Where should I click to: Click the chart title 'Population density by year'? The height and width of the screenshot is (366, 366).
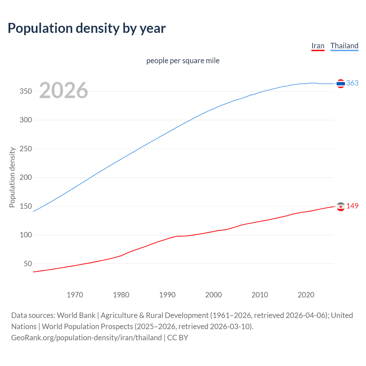(x=87, y=28)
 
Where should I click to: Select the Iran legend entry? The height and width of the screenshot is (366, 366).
(x=318, y=46)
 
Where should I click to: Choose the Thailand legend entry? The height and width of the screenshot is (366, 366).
(x=344, y=46)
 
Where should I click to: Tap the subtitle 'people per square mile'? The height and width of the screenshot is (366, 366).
(x=183, y=61)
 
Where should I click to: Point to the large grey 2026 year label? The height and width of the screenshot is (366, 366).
(x=63, y=90)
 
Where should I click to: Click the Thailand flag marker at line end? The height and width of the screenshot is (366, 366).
(x=341, y=83)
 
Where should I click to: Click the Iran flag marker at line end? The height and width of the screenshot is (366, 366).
(x=341, y=206)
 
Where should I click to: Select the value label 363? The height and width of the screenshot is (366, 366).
(x=352, y=83)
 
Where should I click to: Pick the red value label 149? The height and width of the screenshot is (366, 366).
(x=352, y=206)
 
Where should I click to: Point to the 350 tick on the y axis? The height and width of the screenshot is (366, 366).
(x=26, y=91)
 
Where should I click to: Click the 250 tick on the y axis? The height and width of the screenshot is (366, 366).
(x=26, y=149)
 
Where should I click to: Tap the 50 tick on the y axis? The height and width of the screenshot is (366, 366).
(x=28, y=264)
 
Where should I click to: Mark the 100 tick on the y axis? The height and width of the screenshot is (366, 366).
(x=26, y=235)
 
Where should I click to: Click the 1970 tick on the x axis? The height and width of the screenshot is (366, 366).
(x=75, y=295)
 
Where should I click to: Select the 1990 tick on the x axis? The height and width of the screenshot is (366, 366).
(x=167, y=295)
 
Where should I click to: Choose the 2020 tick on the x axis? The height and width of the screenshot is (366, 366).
(x=306, y=295)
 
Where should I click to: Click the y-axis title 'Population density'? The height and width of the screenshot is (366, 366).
(x=12, y=177)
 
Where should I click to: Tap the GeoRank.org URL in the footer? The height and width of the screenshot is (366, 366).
(x=86, y=338)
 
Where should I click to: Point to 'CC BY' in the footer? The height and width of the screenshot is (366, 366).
(x=178, y=338)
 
